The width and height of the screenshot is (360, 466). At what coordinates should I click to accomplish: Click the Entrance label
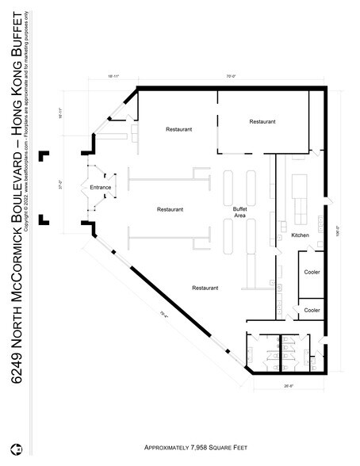(101, 188)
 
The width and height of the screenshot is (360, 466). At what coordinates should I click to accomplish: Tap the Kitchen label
(301, 236)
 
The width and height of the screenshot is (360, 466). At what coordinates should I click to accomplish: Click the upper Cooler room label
(312, 272)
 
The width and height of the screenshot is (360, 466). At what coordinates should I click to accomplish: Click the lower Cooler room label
(312, 310)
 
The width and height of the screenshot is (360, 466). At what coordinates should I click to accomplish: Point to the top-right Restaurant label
(262, 121)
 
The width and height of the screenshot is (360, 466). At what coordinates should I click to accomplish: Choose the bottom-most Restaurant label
(205, 288)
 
